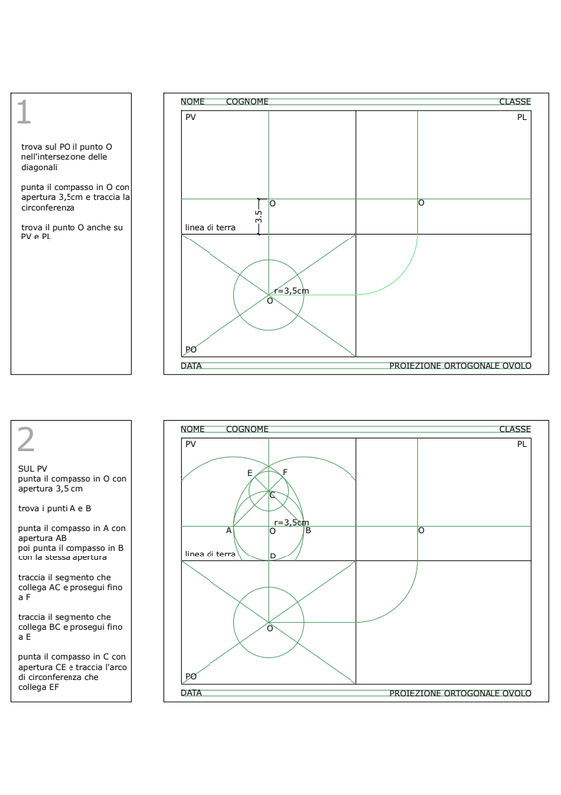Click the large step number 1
pos(24,112)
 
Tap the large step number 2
pos(26,439)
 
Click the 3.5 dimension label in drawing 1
pos(259,217)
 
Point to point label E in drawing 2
pos(250,473)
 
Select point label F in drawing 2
pos(285,472)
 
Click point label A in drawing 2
pos(229,531)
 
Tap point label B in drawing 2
pos(308,530)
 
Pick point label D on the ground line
pos(273,556)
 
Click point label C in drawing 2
pos(272,495)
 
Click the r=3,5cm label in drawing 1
pos(291,291)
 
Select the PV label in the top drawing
pos(190,117)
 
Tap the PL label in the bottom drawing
pos(522,444)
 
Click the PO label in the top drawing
pos(191,350)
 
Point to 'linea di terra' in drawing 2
pos(210,555)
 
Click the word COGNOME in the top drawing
pos(247,102)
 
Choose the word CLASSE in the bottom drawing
pos(515,429)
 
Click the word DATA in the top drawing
pos(191,366)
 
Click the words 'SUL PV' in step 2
pos(33,469)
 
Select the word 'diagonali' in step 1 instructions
pos(39,167)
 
